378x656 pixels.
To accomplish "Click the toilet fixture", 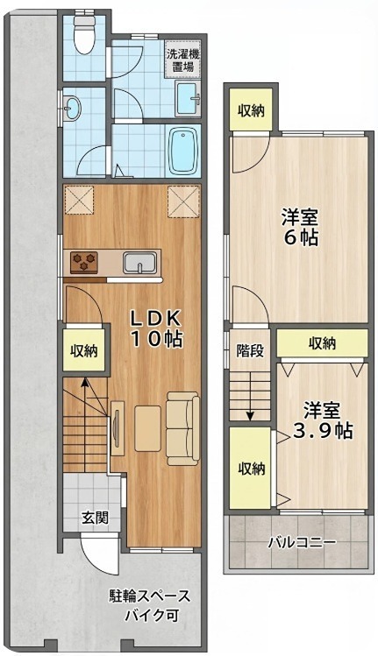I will [85, 35].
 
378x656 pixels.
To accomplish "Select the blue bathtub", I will [184, 152].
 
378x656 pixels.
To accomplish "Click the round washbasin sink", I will [73, 108].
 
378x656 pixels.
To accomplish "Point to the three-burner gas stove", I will [86, 260].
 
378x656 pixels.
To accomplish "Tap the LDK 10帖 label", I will [157, 328].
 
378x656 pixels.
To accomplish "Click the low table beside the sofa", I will [147, 426].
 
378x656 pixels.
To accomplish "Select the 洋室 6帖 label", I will [300, 225].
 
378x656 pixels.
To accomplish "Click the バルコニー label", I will [301, 542].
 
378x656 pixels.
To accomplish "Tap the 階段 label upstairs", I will [250, 352].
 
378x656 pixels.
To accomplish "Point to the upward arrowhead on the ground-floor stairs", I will [84, 382].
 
